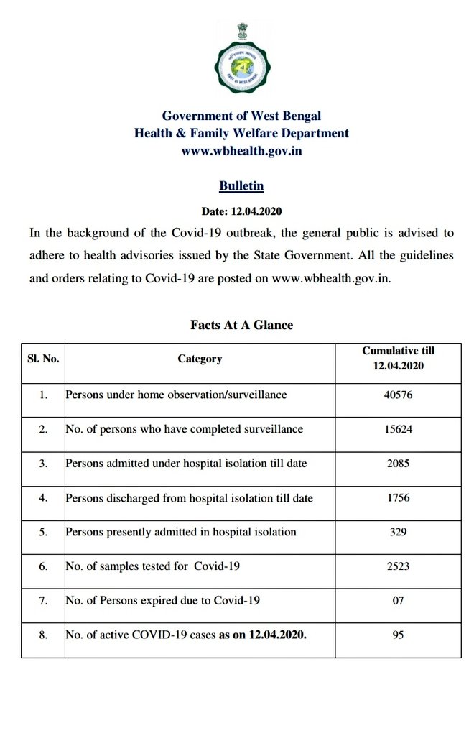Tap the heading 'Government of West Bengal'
(x=241, y=115)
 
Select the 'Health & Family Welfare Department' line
(x=241, y=133)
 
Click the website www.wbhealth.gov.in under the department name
(x=241, y=151)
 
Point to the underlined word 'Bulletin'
(x=241, y=186)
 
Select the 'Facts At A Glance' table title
(x=241, y=325)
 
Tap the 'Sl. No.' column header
(x=43, y=358)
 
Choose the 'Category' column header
(x=200, y=358)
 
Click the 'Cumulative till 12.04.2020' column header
(x=398, y=358)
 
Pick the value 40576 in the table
(x=398, y=395)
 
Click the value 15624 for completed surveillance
(x=398, y=429)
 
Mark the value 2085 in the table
(x=398, y=464)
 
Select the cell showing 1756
(x=398, y=498)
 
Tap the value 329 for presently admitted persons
(x=398, y=533)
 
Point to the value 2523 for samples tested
(x=398, y=567)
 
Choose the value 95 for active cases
(x=398, y=635)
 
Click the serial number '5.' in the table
(x=43, y=533)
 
